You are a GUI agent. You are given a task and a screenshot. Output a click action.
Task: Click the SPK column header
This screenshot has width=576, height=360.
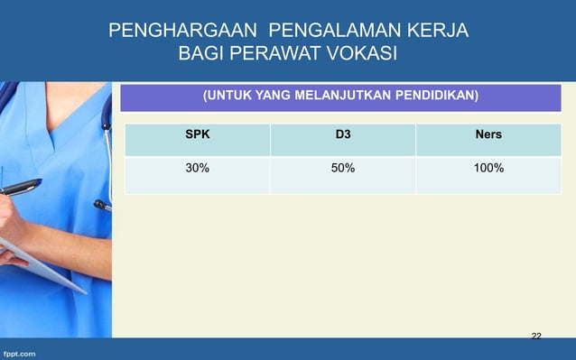[198, 135]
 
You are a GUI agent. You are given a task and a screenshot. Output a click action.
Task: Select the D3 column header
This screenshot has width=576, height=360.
[342, 135]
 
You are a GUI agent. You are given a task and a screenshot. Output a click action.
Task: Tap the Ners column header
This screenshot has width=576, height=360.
[488, 135]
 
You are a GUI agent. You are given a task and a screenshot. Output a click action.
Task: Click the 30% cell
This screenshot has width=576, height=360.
[198, 168]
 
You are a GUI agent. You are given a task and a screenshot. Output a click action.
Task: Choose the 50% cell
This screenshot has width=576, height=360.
[342, 168]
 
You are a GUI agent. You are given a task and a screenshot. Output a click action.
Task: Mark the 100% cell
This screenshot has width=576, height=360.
[488, 168]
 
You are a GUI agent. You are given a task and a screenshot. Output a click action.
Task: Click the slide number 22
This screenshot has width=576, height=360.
[536, 336]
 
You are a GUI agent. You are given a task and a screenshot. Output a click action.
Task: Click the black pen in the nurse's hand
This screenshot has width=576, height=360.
[20, 187]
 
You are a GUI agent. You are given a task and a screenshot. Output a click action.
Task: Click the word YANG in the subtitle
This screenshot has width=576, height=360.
[276, 95]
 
